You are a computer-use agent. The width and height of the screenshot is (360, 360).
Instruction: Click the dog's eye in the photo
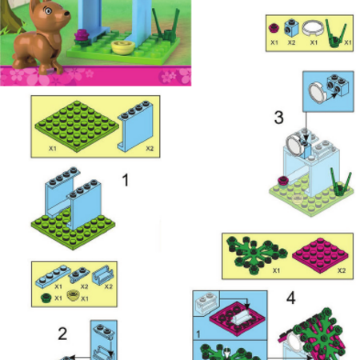pyautogui.click(x=48, y=11)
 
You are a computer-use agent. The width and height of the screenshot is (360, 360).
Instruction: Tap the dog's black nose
pyautogui.click(x=66, y=13)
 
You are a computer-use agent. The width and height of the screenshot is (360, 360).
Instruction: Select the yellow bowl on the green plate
pyautogui.click(x=123, y=47)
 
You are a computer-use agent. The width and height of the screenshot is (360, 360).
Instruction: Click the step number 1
pyautogui.click(x=125, y=180)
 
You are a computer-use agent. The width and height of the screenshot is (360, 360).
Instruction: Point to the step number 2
pyautogui.click(x=62, y=334)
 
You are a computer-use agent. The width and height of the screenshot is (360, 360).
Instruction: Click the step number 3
pyautogui.click(x=278, y=118)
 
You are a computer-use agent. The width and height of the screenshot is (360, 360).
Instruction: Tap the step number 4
pyautogui.click(x=291, y=298)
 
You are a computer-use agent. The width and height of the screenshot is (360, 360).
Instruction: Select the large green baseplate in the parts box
pyautogui.click(x=77, y=126)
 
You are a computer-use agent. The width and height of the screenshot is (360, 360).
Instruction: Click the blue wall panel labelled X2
pyautogui.click(x=136, y=126)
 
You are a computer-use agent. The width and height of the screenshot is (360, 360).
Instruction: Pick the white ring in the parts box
pyautogui.click(x=313, y=28)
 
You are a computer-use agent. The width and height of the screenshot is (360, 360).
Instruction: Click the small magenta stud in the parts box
pyautogui.click(x=274, y=28)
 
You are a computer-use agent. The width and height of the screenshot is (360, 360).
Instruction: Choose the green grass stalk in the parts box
pyautogui.click(x=335, y=34)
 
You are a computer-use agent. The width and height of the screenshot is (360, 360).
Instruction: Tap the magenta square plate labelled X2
pyautogui.click(x=320, y=255)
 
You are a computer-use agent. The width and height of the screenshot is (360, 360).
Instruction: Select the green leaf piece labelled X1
pyautogui.click(x=257, y=254)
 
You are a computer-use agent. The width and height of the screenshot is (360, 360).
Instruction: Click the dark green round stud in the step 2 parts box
pyautogui.click(x=46, y=298)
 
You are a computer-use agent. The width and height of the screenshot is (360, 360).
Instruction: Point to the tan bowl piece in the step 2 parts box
pyautogui.click(x=73, y=296)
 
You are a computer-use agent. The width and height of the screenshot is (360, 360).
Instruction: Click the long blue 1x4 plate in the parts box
pyautogui.click(x=54, y=276)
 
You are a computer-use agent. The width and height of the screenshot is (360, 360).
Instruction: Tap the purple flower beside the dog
pyautogui.click(x=82, y=36)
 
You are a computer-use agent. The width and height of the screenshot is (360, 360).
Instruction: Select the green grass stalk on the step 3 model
pyautogui.click(x=341, y=182)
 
